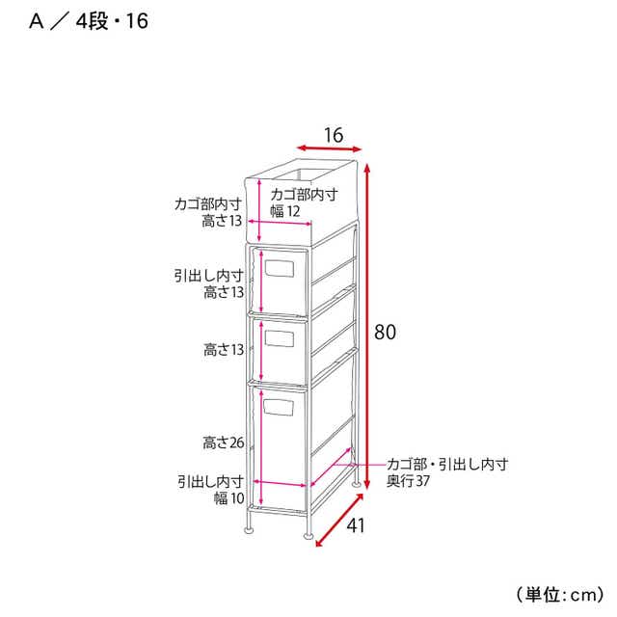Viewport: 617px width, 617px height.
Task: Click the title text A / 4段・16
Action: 89,21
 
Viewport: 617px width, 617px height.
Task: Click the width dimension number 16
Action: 334,135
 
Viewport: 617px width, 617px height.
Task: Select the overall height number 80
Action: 385,332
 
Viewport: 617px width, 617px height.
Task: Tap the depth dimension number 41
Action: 356,524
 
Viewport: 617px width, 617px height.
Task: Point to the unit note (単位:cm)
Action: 560,594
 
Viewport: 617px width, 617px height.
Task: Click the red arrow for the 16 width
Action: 329,148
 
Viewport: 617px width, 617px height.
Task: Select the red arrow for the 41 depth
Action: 339,520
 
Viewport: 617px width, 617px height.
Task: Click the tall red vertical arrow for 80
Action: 367,326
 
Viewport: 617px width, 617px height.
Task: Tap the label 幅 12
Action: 285,211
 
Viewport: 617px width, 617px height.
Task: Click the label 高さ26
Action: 224,443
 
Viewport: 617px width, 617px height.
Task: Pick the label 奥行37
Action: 408,481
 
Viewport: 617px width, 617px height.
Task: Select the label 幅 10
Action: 229,498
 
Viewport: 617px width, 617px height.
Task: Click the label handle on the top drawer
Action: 280,268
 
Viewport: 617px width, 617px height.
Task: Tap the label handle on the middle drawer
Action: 280,338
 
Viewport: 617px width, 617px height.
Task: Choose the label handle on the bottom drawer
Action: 279,407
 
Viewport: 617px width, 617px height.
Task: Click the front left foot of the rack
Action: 249,529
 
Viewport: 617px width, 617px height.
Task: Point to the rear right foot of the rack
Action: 357,484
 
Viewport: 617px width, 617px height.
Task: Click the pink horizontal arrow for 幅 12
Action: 280,223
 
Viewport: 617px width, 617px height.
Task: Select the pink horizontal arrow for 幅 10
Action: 280,483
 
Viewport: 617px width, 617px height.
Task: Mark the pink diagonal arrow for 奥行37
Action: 331,467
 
